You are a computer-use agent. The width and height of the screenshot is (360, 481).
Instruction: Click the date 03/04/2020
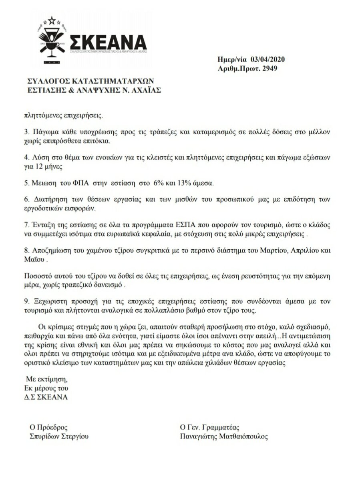point(267,60)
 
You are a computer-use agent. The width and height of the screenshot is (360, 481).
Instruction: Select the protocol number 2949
point(270,69)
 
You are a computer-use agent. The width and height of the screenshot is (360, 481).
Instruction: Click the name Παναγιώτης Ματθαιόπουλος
point(224,437)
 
